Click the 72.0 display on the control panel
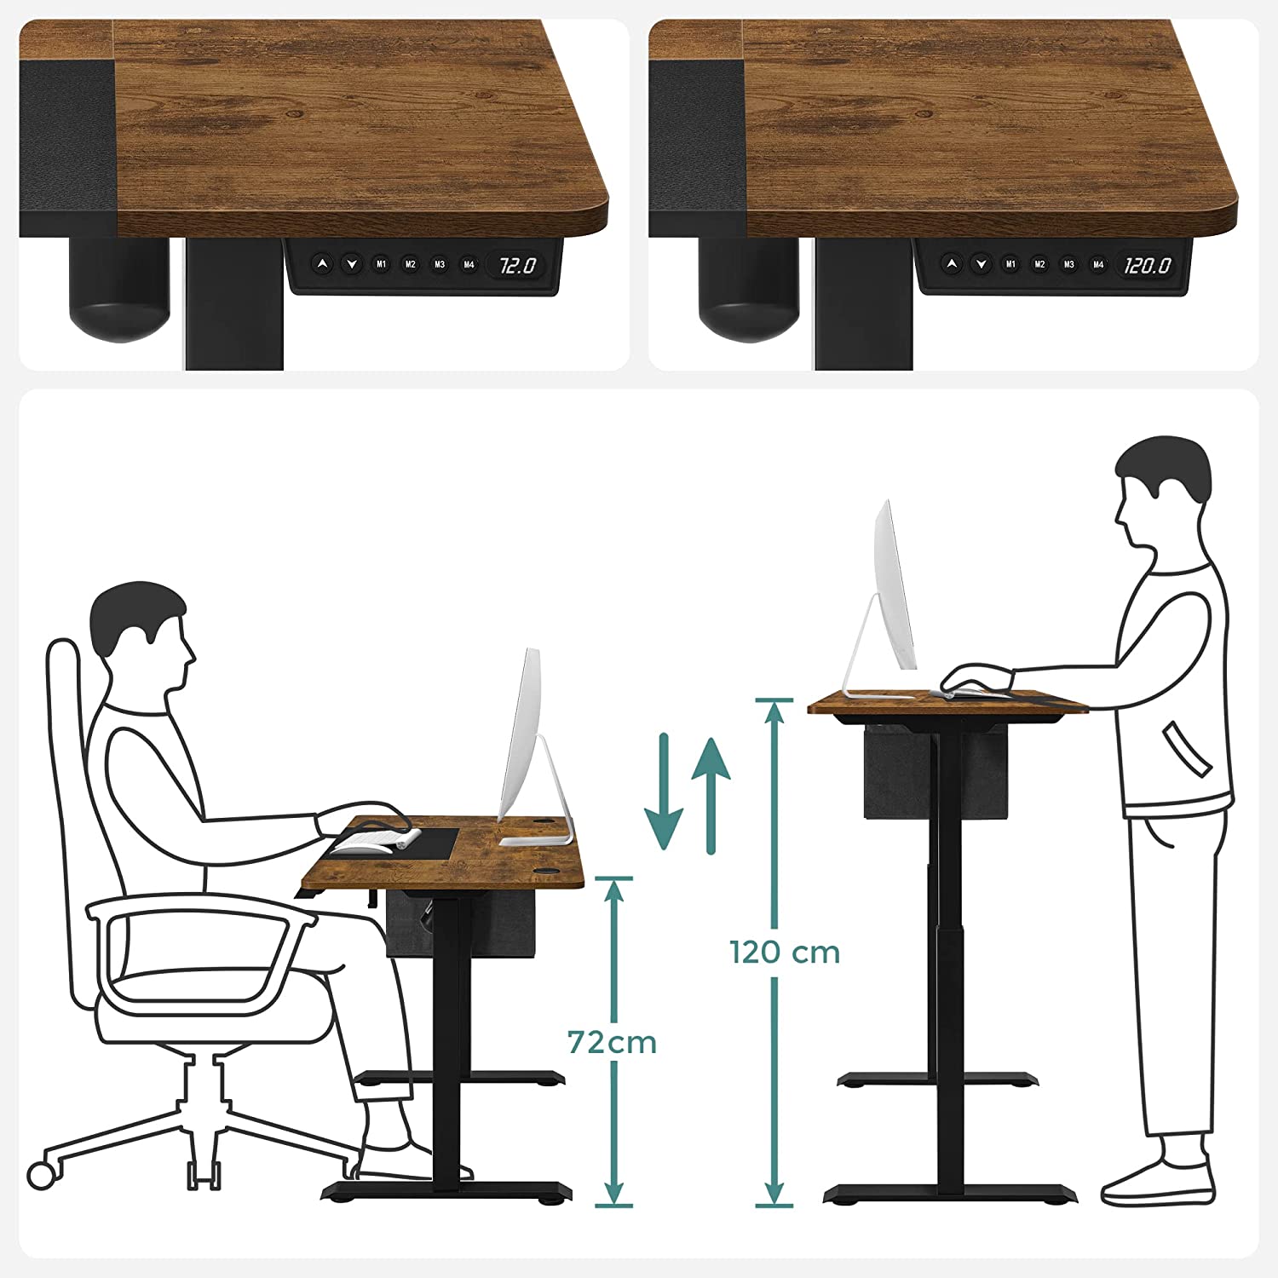click(517, 266)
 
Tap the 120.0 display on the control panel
click(1147, 266)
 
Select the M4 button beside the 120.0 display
click(1098, 265)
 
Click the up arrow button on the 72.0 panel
click(322, 264)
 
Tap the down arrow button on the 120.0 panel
click(981, 264)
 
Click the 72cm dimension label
click(612, 1042)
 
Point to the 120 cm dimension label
click(785, 952)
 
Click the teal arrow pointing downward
click(664, 792)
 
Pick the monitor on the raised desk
click(895, 588)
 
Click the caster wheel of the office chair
click(41, 1176)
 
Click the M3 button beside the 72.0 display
click(440, 265)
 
